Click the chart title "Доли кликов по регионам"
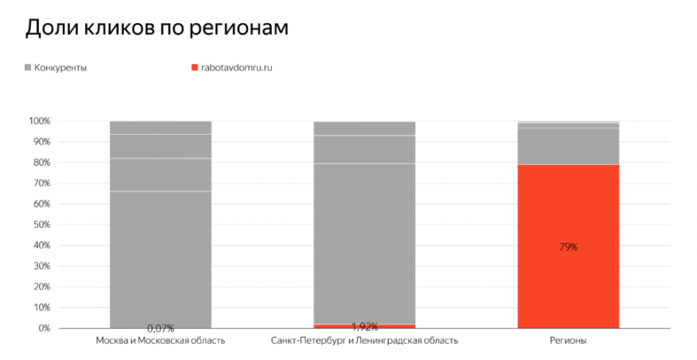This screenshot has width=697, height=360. click(156, 28)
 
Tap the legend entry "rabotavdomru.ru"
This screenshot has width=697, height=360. click(236, 67)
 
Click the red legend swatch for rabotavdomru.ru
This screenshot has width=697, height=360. click(194, 67)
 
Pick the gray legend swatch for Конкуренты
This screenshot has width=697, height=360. click(29, 67)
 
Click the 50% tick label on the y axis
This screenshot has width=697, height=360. click(41, 225)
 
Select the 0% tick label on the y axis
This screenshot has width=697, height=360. click(43, 328)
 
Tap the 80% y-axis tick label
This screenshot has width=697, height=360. click(41, 163)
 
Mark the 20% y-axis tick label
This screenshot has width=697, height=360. click(41, 287)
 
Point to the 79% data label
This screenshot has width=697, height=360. click(568, 247)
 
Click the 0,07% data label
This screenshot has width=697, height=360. click(160, 327)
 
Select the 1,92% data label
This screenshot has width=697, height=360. click(364, 327)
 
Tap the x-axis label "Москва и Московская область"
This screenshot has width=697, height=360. click(160, 341)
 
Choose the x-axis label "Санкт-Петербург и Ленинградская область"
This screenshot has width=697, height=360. click(364, 341)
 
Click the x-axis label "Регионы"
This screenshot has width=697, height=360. click(568, 341)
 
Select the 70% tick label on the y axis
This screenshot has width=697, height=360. click(41, 183)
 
